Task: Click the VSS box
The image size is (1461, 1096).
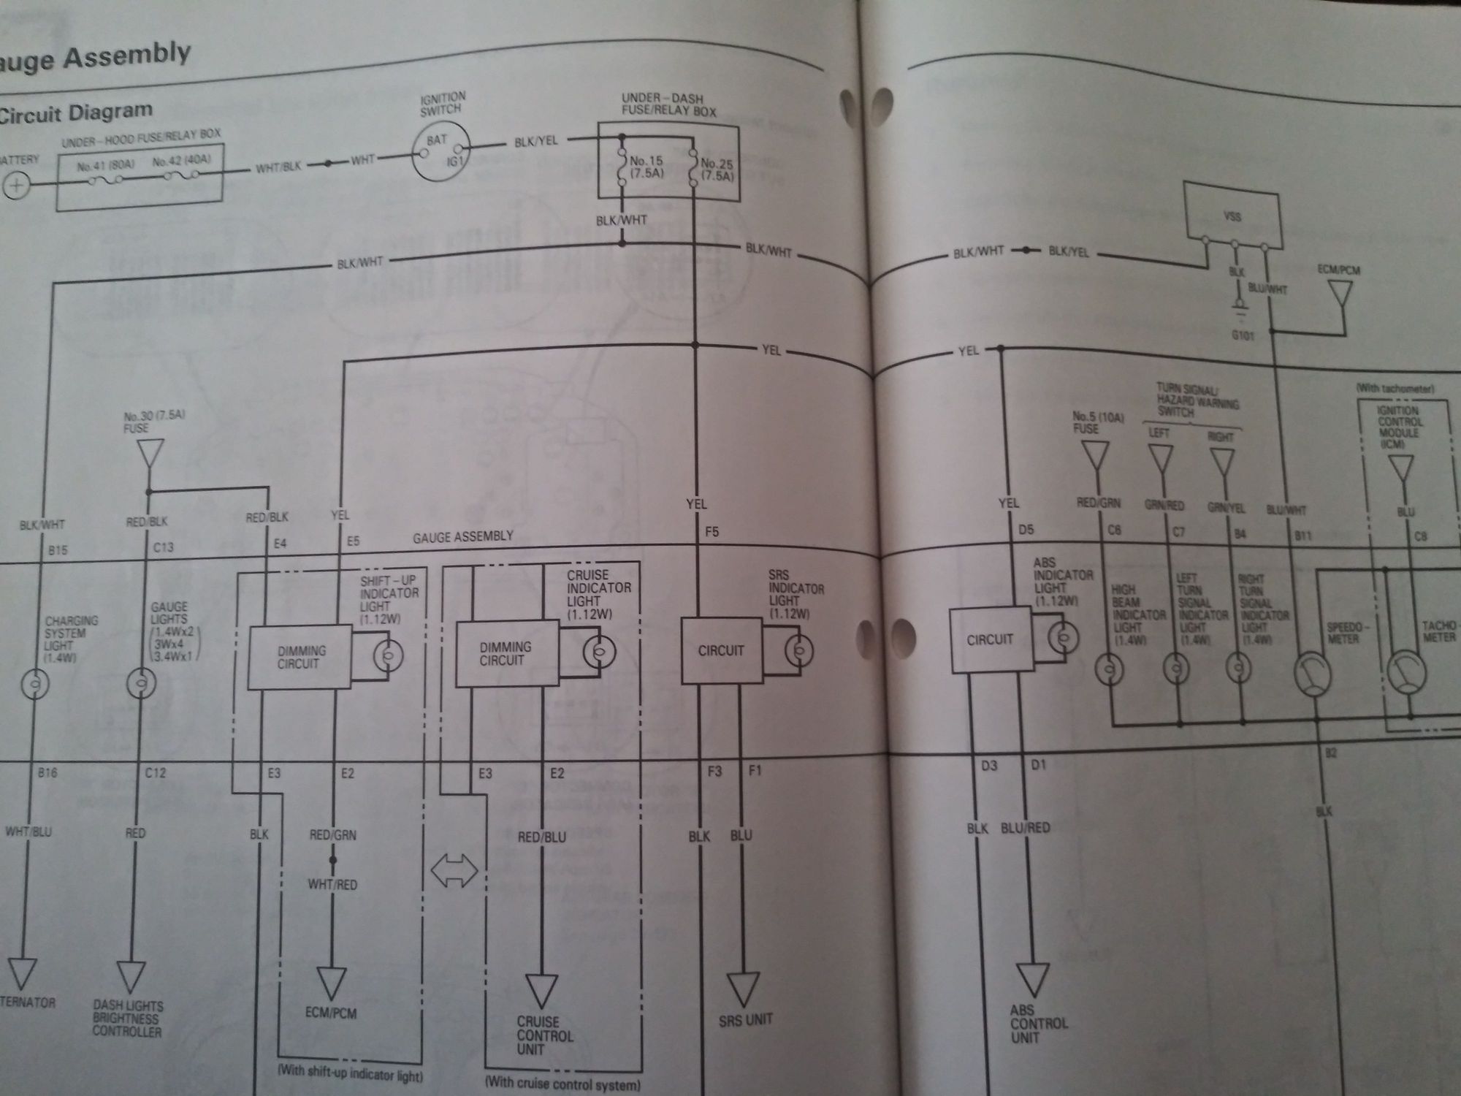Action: pos(1232,215)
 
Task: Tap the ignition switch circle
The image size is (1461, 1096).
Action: pos(441,151)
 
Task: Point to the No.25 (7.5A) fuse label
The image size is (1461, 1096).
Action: pos(717,170)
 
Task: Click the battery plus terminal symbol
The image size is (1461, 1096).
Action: pos(15,186)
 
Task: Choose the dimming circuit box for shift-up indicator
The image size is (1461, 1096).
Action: pos(299,657)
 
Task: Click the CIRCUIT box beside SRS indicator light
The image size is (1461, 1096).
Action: pos(721,650)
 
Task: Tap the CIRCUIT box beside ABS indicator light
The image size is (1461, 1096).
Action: pos(990,640)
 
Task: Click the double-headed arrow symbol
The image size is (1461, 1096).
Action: pos(454,872)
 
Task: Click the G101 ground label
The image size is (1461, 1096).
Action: pos(1243,336)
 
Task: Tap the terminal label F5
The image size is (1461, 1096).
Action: pos(712,532)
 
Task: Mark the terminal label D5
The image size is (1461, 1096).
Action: pos(1026,530)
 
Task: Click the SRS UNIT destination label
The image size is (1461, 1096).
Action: pos(745,1019)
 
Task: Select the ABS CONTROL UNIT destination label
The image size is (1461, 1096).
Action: pos(1038,1023)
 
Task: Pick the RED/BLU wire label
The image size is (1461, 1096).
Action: pos(541,837)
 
